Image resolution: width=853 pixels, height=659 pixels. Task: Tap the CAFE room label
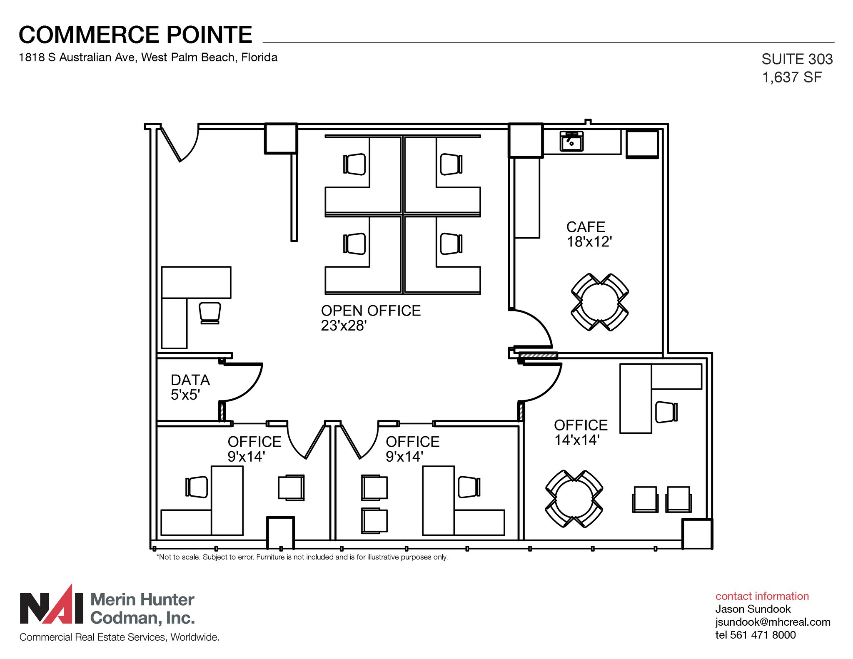pyautogui.click(x=585, y=227)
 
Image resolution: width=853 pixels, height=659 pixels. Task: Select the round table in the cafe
pyautogui.click(x=600, y=302)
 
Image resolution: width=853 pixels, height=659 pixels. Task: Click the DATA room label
pyautogui.click(x=190, y=380)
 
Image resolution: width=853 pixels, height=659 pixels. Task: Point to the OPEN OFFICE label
pyautogui.click(x=371, y=311)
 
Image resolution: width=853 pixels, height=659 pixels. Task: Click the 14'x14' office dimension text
pyautogui.click(x=577, y=440)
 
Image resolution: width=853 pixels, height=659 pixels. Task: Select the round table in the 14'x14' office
pyautogui.click(x=574, y=499)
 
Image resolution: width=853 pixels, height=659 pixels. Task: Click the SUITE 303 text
pyautogui.click(x=797, y=59)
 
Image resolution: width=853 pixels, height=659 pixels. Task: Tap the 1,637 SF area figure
pyautogui.click(x=791, y=77)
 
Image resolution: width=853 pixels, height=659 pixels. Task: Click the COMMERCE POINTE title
pyautogui.click(x=135, y=35)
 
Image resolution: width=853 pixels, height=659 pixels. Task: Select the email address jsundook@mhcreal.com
pyautogui.click(x=773, y=622)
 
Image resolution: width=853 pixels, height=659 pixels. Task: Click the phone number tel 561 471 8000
pyautogui.click(x=755, y=635)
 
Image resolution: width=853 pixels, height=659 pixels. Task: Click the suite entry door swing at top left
pyautogui.click(x=183, y=144)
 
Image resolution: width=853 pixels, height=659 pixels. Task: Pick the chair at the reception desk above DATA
pyautogui.click(x=210, y=312)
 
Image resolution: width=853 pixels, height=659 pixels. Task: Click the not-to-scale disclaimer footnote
pyautogui.click(x=302, y=557)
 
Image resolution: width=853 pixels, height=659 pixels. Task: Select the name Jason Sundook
pyautogui.click(x=753, y=609)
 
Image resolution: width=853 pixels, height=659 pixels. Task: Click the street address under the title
pyautogui.click(x=148, y=57)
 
